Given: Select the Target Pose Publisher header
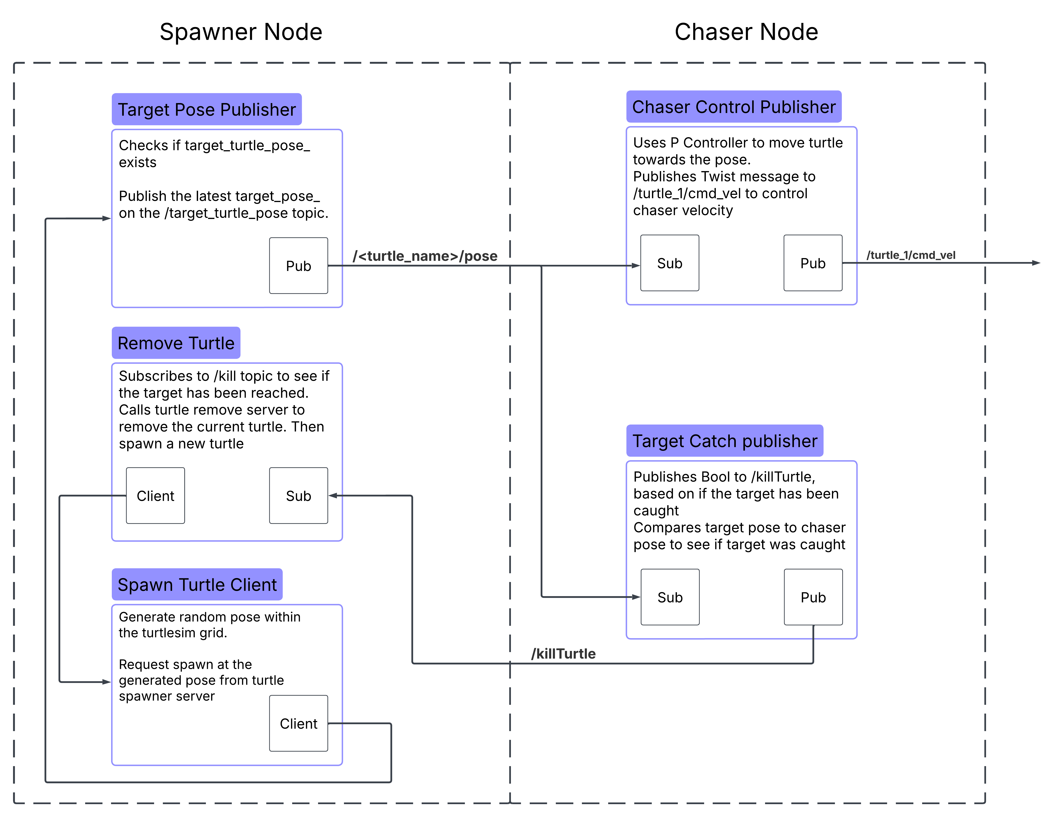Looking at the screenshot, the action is coord(207,109).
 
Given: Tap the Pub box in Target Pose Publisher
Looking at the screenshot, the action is coord(299,265).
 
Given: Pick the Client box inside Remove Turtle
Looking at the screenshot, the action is coord(156,496).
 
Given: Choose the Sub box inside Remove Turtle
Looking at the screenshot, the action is coord(299,496).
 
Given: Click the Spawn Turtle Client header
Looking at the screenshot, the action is coord(197,584).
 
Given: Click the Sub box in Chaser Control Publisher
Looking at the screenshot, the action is coord(669,263).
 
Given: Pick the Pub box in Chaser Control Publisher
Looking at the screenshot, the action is coord(813,263).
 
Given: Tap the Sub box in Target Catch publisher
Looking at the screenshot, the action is coord(670,597).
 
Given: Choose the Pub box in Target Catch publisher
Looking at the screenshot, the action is coord(814,597).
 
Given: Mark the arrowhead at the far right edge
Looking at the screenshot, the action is coord(1037,263).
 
